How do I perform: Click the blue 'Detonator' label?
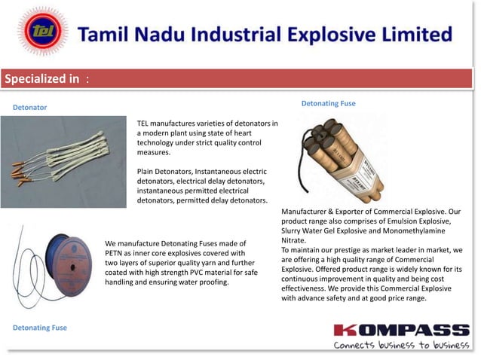click(x=29, y=108)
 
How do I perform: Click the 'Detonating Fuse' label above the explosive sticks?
click(x=328, y=103)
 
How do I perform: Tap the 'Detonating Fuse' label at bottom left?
click(x=40, y=328)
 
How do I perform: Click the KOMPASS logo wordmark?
click(x=401, y=330)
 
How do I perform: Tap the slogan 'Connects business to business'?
click(x=401, y=345)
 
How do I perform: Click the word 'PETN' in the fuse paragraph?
click(x=117, y=253)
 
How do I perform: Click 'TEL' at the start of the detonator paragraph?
click(x=144, y=123)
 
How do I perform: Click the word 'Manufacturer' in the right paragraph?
click(x=308, y=212)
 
